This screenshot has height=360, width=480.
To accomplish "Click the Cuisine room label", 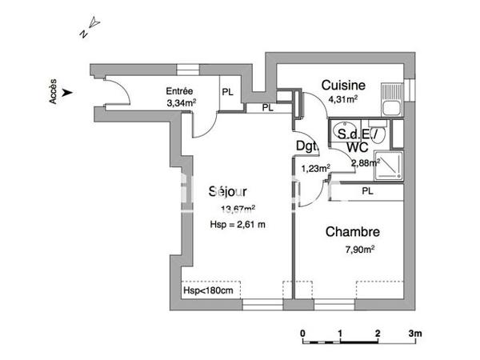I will pyautogui.click(x=344, y=86).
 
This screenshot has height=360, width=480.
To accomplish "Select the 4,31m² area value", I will pyautogui.click(x=345, y=99).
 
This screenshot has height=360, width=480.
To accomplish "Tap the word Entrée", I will pyautogui.click(x=180, y=90).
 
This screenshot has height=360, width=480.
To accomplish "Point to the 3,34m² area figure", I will pyautogui.click(x=181, y=102).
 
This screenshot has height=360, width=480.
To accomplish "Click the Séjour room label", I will pyautogui.click(x=227, y=192).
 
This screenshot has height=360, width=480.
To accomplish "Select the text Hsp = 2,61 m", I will pyautogui.click(x=237, y=224).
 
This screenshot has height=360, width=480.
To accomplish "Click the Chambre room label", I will pyautogui.click(x=352, y=233).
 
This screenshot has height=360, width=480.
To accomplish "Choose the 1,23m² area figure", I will pyautogui.click(x=314, y=167).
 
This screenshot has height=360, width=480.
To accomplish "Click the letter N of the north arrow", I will pyautogui.click(x=83, y=34).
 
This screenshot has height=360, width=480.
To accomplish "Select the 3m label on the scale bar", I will pyautogui.click(x=414, y=333).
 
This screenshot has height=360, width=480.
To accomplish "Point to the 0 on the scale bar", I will pyautogui.click(x=302, y=333).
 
